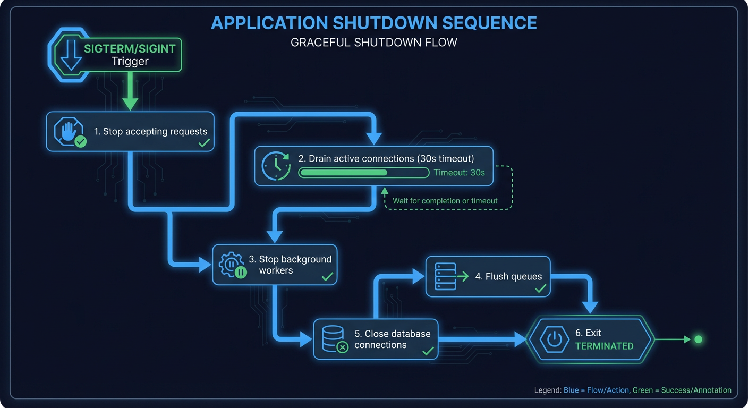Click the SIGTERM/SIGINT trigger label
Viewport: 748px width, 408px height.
tap(130, 49)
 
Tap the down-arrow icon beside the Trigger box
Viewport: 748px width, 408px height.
tap(71, 55)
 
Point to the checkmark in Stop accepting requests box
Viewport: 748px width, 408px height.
tap(203, 143)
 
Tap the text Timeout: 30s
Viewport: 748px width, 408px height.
tap(459, 173)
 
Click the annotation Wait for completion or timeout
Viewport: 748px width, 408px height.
tap(445, 201)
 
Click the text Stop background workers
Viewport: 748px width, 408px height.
tap(290, 265)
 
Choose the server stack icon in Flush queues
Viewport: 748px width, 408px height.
tap(445, 276)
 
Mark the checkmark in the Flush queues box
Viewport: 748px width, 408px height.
tap(540, 288)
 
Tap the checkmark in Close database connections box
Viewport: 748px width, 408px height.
tap(428, 351)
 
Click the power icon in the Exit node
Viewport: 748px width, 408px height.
tap(554, 339)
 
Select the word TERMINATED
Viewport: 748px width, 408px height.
tap(604, 346)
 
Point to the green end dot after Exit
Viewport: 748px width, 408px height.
tap(698, 339)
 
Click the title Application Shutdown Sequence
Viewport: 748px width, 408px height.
tap(373, 23)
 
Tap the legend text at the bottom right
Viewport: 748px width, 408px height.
tap(632, 390)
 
